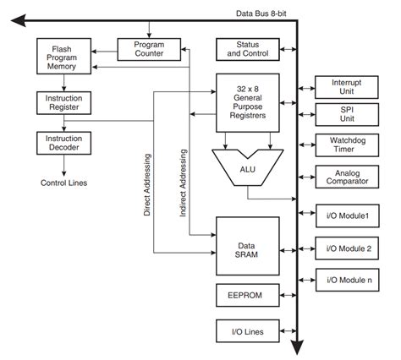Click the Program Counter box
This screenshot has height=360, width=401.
tap(149, 49)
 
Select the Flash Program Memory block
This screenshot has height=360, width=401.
tap(62, 57)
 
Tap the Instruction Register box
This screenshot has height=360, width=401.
tap(62, 103)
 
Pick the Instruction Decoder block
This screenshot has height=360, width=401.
tap(62, 141)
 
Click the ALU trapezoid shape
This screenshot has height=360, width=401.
tap(248, 169)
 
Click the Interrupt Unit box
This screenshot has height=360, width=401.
tap(347, 87)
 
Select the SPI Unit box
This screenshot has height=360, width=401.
tap(347, 114)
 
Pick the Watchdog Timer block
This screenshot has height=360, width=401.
tap(347, 145)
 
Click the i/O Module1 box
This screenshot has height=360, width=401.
tap(347, 216)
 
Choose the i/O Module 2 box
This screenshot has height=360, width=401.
tap(347, 248)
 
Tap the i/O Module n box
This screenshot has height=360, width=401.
tap(347, 279)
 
